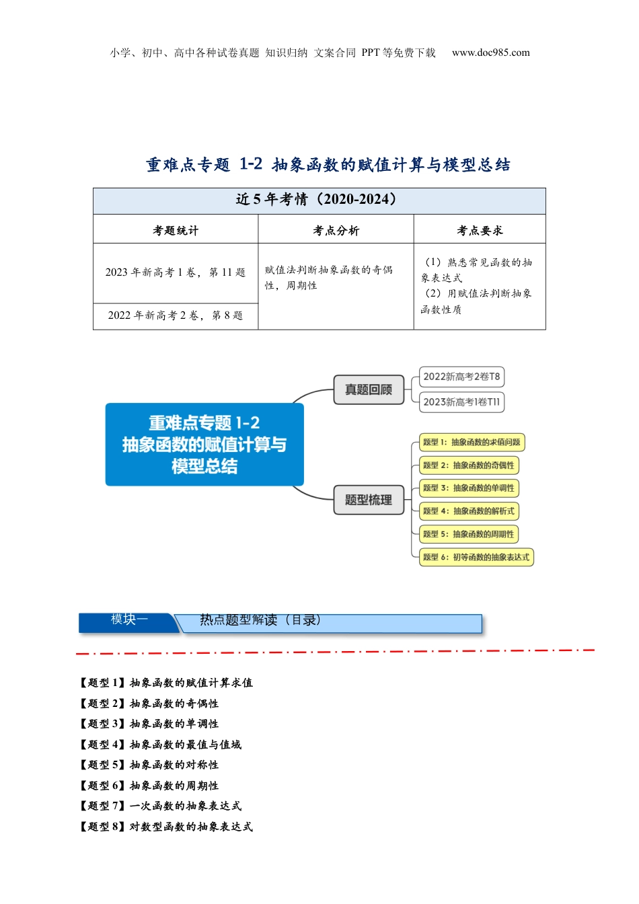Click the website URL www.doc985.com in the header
pos(490,52)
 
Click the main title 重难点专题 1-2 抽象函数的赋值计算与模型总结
pos(328,164)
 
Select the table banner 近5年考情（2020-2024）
pos(319,200)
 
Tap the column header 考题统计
pos(176,230)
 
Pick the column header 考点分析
pos(336,230)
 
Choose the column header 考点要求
pos(480,230)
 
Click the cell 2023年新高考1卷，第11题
pos(176,272)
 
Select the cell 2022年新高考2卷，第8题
pos(176,315)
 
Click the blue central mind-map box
pos(204,444)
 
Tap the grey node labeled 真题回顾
pos(369,389)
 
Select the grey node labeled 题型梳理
pos(369,500)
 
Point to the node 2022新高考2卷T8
pos(461,377)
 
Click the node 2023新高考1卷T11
pos(461,402)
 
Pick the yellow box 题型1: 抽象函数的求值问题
pos(472,443)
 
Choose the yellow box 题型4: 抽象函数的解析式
pos(469,511)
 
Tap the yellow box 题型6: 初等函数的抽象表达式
pos(476,557)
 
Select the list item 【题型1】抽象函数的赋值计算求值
pos(166,683)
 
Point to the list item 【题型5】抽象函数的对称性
pos(149,765)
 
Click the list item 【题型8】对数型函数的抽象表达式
pos(166,827)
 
